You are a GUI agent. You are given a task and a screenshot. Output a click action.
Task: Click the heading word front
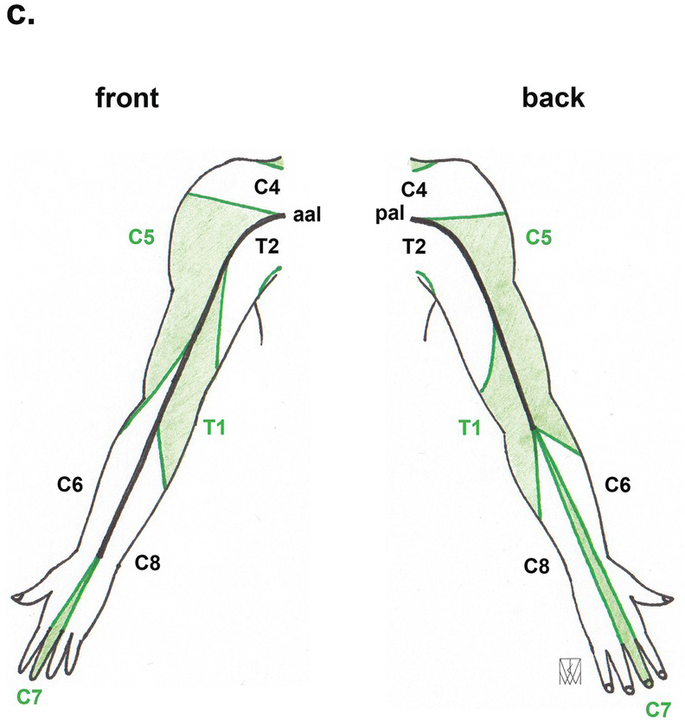coord(127,99)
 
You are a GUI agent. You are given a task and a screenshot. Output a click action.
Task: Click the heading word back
coord(553,99)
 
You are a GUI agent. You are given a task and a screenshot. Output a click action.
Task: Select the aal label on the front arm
coord(307,215)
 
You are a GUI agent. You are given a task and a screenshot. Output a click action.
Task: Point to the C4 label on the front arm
coord(267,185)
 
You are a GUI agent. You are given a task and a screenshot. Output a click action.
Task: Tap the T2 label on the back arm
coord(414,247)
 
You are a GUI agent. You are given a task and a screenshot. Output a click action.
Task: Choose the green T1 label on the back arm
coord(471,425)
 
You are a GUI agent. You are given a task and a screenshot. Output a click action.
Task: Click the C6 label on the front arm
coord(74,485)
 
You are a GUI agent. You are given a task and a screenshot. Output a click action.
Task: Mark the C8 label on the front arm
coord(148,564)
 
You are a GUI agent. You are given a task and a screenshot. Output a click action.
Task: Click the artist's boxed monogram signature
coord(571,668)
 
